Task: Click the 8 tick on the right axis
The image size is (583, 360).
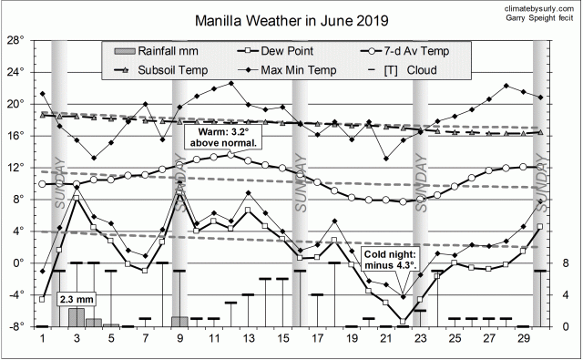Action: click(x=566, y=263)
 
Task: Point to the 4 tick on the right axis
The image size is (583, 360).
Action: click(x=566, y=295)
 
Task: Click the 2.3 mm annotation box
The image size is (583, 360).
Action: click(x=76, y=299)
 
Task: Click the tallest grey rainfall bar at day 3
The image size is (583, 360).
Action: click(x=77, y=317)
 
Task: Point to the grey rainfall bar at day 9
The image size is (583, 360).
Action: click(x=180, y=322)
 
